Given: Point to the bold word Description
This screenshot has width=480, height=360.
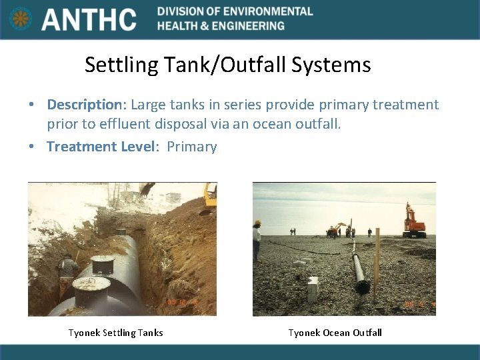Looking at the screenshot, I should click(83, 105).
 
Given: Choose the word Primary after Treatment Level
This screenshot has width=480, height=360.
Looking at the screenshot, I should click(192, 147).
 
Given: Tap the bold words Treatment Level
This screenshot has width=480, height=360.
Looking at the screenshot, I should click(101, 147).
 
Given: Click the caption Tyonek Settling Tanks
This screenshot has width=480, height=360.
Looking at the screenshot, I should click(115, 333).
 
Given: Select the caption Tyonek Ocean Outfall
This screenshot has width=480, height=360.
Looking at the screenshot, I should click(335, 333).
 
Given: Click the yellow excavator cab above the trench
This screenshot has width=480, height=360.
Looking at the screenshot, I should click(209, 196).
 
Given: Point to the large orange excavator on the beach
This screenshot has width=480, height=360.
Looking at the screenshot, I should click(413, 223).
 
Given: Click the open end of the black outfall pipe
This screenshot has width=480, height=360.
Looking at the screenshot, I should click(362, 287).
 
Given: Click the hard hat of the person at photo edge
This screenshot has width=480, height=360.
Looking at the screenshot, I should click(258, 223).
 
